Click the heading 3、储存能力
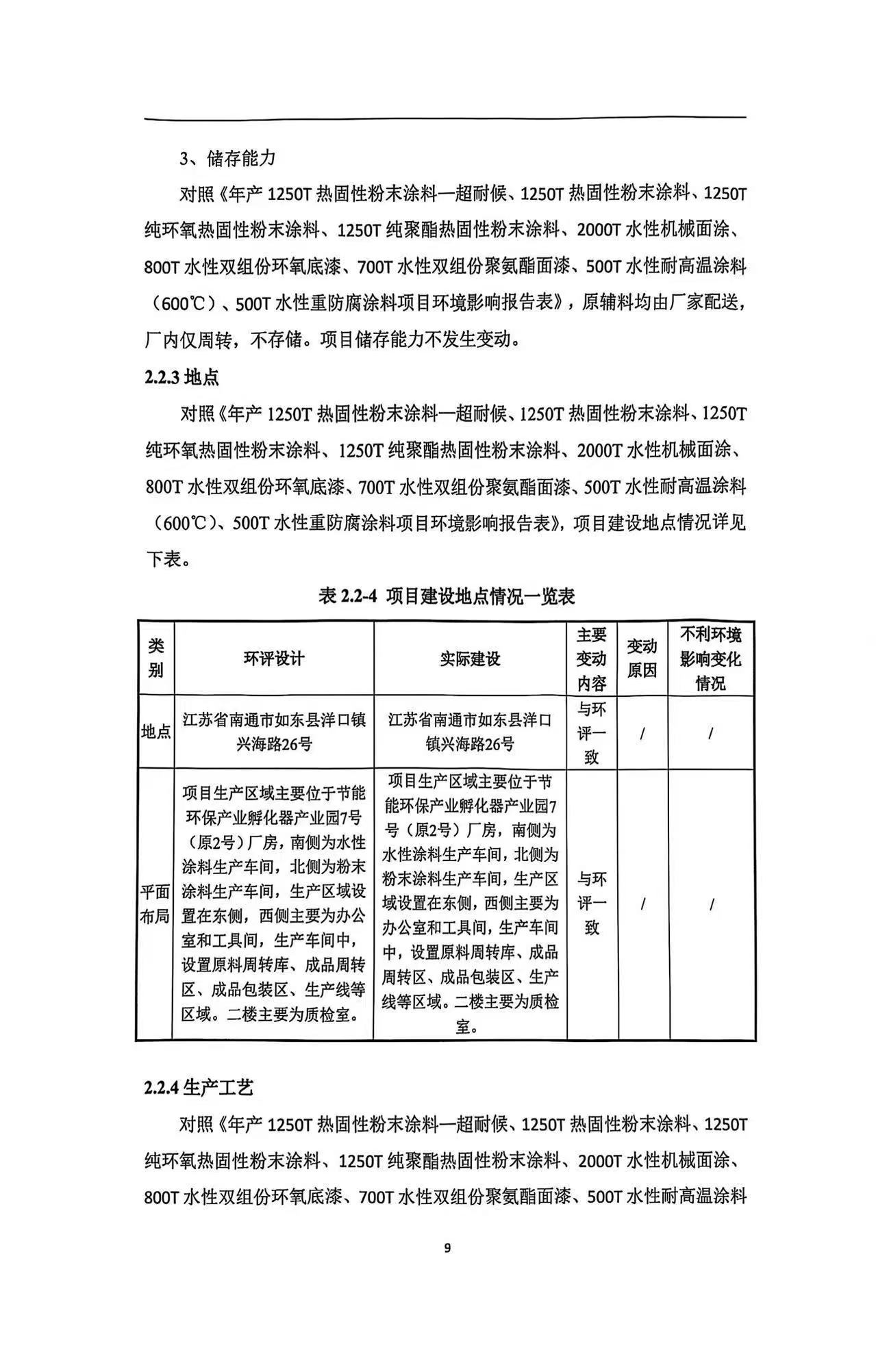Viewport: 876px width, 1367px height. [x=227, y=158]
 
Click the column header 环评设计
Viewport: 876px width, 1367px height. [x=274, y=659]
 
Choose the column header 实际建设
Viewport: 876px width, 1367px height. [x=470, y=659]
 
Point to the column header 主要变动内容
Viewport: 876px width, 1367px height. [x=592, y=659]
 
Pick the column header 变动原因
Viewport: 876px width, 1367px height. [x=642, y=659]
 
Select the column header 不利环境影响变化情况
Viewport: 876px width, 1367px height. [x=711, y=659]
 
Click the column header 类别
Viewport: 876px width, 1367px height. [x=156, y=659]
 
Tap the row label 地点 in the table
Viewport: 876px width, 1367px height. [x=156, y=732]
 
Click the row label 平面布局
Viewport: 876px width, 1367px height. [x=155, y=904]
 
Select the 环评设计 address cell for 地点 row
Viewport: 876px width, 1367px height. [x=274, y=732]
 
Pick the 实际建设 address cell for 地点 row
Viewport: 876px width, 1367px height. [x=470, y=732]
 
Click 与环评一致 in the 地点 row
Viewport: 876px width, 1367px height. [x=592, y=732]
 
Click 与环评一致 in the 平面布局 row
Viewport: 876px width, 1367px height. [x=592, y=904]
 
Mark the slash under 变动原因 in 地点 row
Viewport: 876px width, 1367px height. [x=642, y=733]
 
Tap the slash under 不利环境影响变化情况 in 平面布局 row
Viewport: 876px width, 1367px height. [x=712, y=904]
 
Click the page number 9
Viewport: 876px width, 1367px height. [x=447, y=1248]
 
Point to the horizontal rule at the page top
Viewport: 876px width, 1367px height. [x=445, y=118]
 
